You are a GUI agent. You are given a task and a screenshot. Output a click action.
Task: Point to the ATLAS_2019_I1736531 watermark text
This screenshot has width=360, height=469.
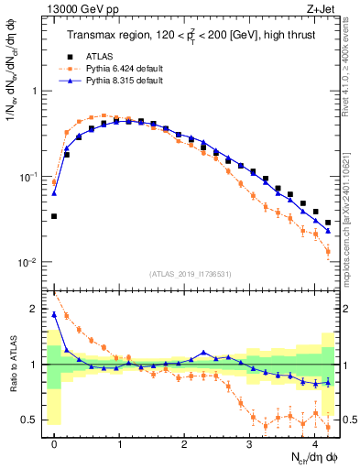191,273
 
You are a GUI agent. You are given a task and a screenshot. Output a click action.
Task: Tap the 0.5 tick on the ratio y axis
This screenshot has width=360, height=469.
34,420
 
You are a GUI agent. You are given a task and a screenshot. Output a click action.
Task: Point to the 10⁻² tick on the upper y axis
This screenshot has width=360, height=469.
31,263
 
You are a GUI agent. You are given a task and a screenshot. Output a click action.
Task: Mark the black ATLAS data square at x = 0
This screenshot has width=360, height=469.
54,216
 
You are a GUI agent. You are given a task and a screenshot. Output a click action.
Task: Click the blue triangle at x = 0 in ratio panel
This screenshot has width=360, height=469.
54,314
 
